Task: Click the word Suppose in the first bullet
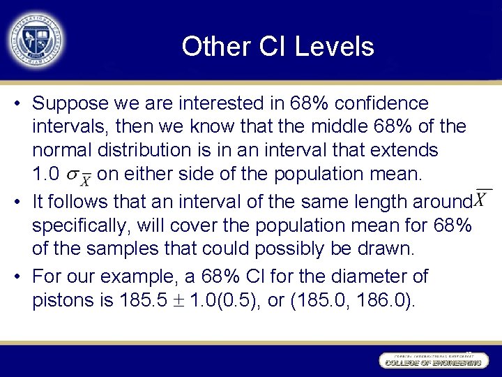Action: pos(70,103)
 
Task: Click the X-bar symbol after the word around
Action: pos(482,198)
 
